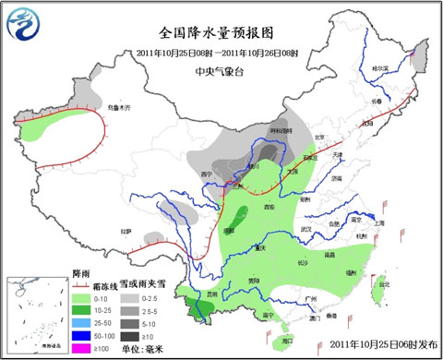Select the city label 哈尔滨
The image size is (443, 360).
pyautogui.click(x=379, y=68)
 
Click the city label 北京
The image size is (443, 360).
pyautogui.click(x=320, y=138)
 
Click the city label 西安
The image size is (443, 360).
pyautogui.click(x=270, y=208)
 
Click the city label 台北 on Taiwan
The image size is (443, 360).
pyautogui.click(x=386, y=283)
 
